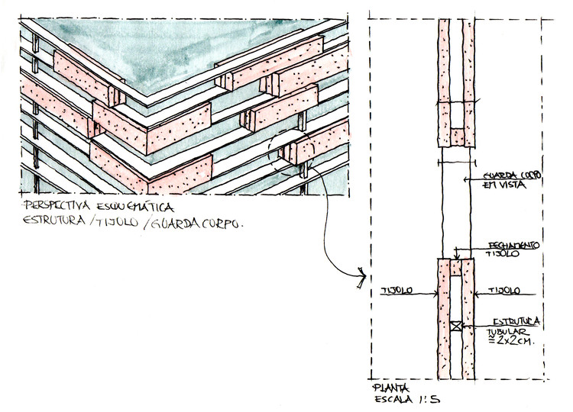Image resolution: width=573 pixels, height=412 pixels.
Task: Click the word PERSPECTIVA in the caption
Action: (x=54, y=207)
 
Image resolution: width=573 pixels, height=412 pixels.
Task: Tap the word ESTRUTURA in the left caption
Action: (x=53, y=223)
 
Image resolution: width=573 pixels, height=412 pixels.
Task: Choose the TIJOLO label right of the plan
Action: (x=505, y=291)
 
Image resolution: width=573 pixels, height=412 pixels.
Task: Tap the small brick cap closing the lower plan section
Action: (x=456, y=266)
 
